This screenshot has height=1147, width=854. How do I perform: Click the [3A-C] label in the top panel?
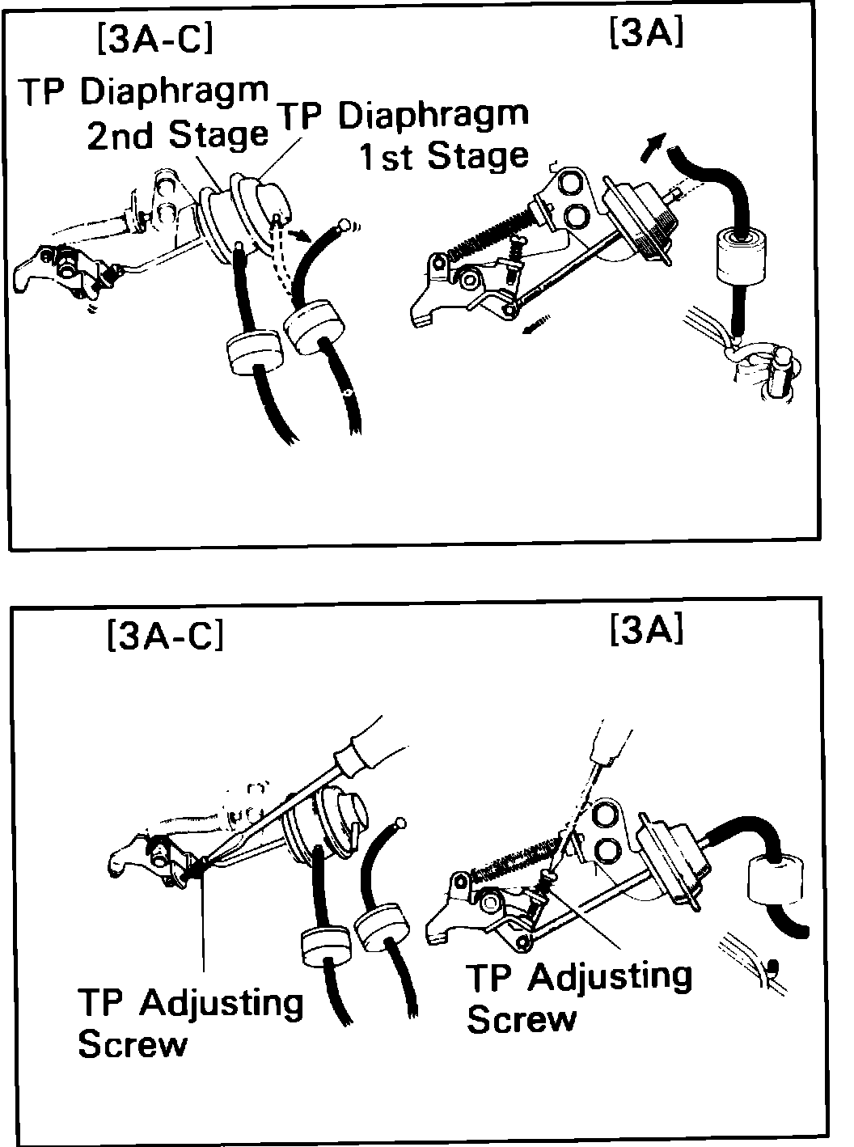[154, 38]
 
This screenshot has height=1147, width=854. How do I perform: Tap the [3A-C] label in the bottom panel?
[164, 636]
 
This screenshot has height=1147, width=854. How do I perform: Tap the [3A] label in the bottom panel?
[647, 630]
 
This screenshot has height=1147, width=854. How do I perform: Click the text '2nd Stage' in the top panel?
[177, 135]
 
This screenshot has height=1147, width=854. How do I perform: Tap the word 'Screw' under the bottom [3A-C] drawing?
[132, 1045]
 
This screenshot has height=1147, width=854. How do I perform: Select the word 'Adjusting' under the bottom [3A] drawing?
[610, 976]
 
